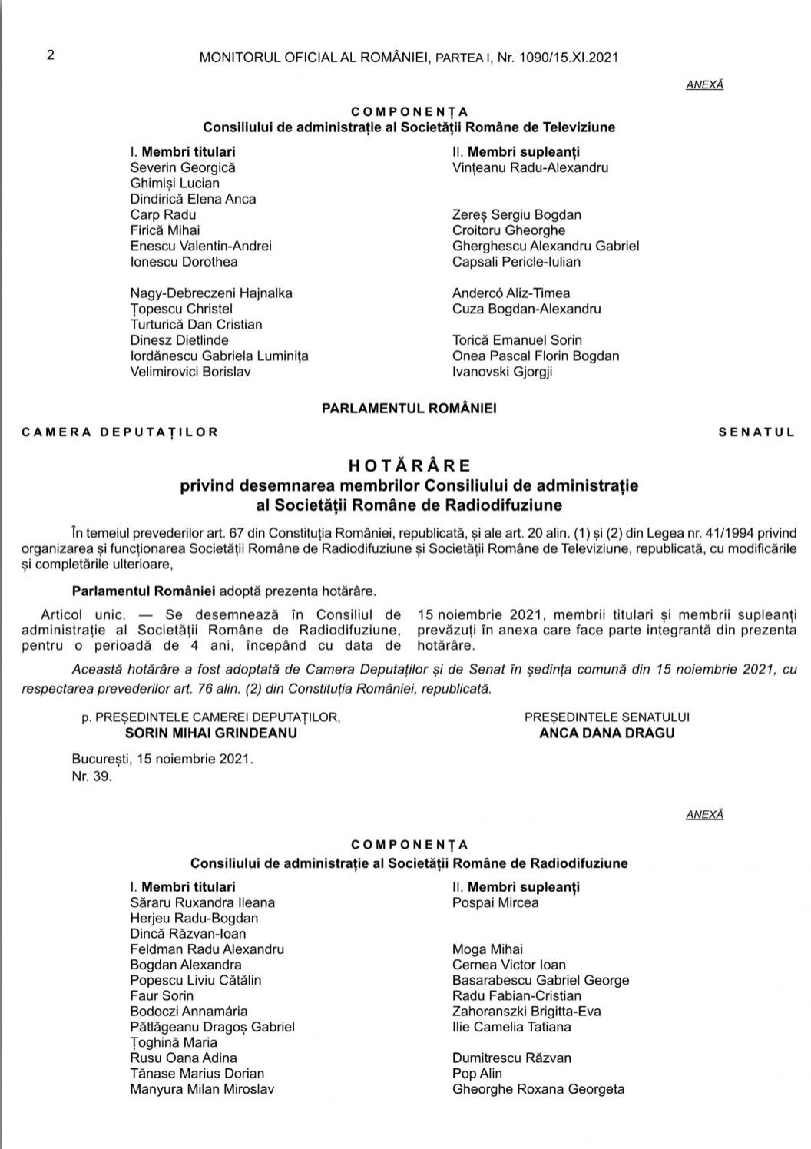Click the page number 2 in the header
(x=51, y=55)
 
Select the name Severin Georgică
(x=183, y=167)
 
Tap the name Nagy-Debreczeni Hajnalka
(x=211, y=293)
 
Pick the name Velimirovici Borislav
(x=190, y=372)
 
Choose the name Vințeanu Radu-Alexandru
(x=530, y=167)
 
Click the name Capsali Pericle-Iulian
(x=516, y=262)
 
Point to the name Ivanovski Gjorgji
(x=502, y=372)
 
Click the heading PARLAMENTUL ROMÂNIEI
(x=409, y=409)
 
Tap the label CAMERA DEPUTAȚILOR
(x=121, y=432)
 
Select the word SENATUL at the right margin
(x=756, y=432)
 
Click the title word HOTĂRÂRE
(x=409, y=465)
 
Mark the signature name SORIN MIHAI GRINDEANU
(x=210, y=733)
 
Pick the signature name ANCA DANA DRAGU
(x=607, y=733)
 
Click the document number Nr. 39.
(x=92, y=776)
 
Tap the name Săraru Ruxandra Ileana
(x=202, y=902)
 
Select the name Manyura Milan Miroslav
(x=202, y=1089)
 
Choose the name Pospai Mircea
(x=495, y=902)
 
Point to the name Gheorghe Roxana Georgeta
(x=538, y=1089)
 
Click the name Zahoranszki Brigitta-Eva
(x=527, y=1012)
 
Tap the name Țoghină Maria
(x=174, y=1042)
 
